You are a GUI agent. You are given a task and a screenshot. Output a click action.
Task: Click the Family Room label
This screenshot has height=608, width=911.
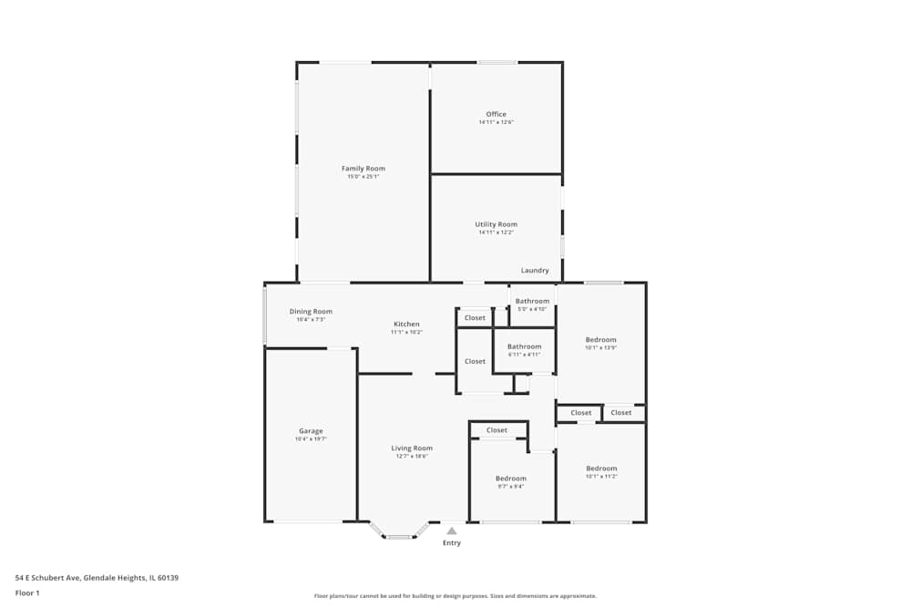363,169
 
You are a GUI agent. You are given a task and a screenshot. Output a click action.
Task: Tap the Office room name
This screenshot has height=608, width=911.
496,115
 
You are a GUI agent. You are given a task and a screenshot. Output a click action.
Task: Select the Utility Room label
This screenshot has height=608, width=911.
496,224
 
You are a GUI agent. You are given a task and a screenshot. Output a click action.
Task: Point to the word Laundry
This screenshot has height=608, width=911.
535,271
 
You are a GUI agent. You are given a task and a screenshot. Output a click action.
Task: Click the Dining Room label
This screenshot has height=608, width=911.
311,312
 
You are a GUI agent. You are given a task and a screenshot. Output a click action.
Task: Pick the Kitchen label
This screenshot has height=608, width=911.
406,325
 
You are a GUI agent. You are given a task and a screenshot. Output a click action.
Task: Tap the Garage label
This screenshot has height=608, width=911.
311,431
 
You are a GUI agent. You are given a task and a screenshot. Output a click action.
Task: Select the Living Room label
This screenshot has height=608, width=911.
412,448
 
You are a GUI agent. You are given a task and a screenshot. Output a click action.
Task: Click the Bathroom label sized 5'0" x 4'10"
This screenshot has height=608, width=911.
532,302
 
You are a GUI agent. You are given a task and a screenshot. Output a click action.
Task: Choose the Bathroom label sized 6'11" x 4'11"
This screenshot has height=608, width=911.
524,346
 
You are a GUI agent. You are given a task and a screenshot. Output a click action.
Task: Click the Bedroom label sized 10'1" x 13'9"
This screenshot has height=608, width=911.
600,340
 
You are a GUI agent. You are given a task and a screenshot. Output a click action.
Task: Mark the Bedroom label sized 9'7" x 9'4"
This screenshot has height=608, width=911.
510,479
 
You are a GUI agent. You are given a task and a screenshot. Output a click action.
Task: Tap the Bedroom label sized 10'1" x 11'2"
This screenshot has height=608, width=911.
601,469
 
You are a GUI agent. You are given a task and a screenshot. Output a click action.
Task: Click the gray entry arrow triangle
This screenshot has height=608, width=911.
451,531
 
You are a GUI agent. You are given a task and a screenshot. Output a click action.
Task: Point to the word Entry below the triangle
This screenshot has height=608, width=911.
452,543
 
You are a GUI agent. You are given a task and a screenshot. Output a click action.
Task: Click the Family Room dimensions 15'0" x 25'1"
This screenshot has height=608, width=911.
363,177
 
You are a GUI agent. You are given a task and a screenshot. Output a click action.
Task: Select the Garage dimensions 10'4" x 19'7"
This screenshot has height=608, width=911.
311,439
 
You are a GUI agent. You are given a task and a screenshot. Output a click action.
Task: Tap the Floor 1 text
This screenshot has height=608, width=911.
27,593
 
